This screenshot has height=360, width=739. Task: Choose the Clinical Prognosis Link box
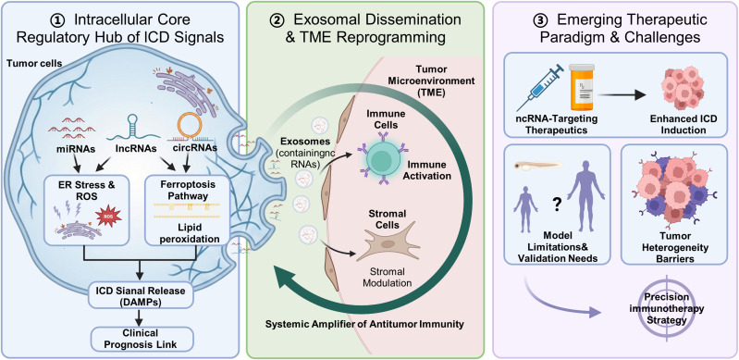pos(141,339)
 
